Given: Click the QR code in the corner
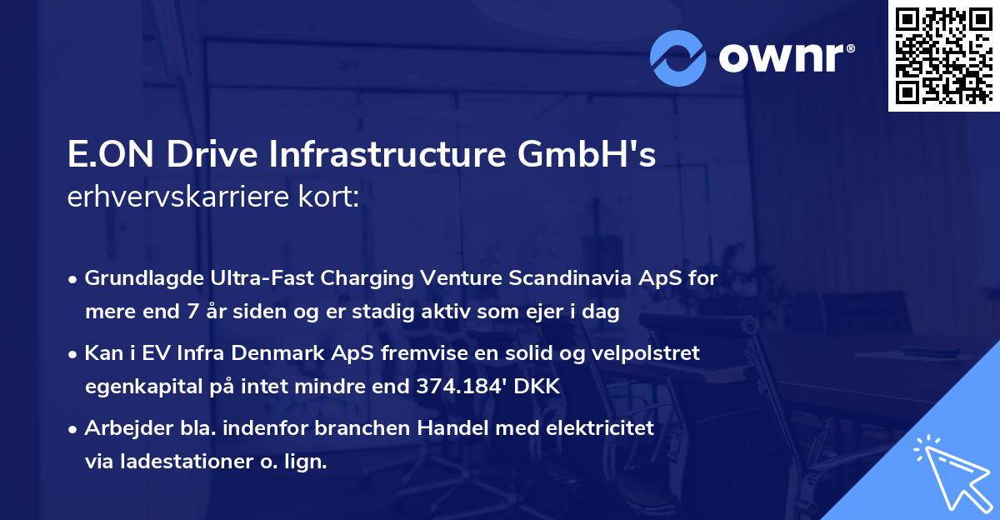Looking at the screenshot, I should coord(942,56).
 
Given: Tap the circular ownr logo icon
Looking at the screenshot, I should coord(678,57).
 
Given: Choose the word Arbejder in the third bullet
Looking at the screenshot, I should coord(118,428).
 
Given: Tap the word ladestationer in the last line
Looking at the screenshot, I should coord(171,462).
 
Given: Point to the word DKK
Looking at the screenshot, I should coord(541,387).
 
